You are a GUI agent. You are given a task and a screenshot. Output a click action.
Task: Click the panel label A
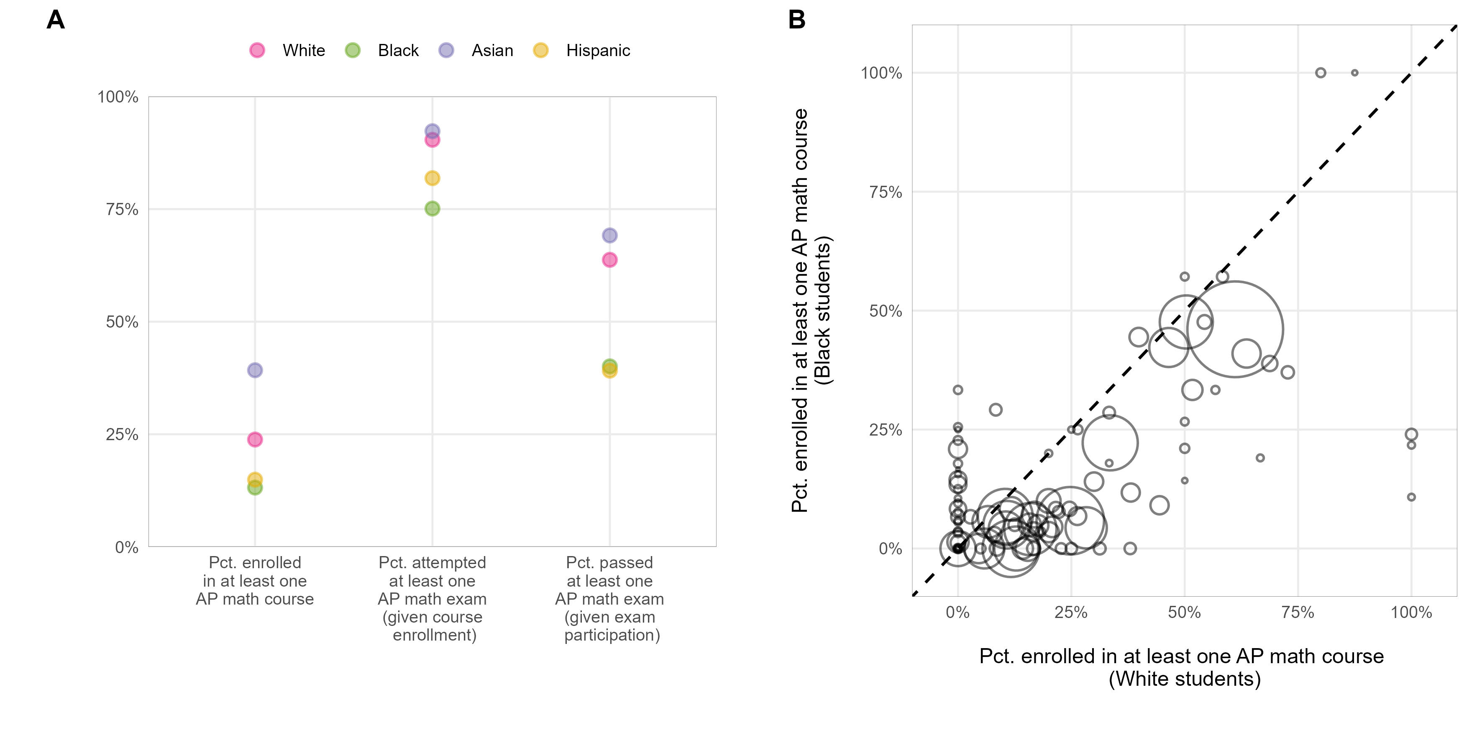point(56,20)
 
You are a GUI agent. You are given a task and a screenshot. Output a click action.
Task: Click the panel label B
point(796,20)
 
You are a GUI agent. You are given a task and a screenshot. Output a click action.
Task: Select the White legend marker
point(257,51)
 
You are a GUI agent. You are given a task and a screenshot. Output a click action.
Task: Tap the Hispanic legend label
point(598,51)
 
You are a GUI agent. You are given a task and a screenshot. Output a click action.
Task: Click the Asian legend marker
point(446,51)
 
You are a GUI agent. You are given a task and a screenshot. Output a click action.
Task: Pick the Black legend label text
point(398,51)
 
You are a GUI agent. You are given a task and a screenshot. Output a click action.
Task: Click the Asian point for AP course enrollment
point(255,370)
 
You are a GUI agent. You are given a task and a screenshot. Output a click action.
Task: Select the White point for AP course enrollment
point(255,439)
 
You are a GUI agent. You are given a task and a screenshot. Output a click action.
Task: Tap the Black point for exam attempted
point(432,208)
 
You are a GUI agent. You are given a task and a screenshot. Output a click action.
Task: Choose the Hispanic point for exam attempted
point(432,178)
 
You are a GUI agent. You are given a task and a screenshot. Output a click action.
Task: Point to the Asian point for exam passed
point(609,235)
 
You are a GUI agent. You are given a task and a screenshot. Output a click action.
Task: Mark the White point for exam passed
point(609,260)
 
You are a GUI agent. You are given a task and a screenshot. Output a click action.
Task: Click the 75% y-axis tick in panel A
point(122,209)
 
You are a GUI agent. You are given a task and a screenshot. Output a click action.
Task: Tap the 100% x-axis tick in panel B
point(1410,612)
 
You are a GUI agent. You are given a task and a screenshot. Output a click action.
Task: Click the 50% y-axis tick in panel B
point(885,311)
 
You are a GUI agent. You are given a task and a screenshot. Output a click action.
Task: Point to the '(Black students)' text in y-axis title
point(823,310)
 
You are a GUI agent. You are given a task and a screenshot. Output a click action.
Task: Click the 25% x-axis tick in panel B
point(1071,612)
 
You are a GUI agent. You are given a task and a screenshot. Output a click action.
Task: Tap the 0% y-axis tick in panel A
point(127,547)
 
